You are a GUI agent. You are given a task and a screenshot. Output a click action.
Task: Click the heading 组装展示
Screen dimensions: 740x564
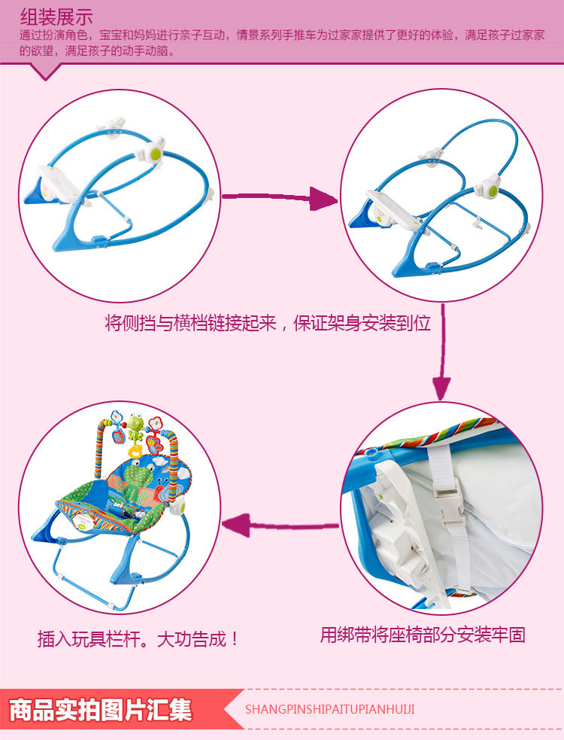(56, 17)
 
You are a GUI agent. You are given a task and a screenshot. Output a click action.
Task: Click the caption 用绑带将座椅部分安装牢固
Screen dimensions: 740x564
(422, 635)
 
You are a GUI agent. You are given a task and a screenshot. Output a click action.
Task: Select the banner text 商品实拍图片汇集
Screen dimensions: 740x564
(101, 710)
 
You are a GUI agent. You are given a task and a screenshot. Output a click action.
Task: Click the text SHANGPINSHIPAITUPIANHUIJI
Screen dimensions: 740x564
(330, 709)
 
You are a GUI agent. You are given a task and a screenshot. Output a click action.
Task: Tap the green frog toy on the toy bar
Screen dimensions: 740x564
(137, 428)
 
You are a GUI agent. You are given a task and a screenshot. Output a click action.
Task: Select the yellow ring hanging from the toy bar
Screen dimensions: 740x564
(135, 450)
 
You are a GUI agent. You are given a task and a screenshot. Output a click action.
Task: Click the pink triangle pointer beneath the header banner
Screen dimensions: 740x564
(46, 71)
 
